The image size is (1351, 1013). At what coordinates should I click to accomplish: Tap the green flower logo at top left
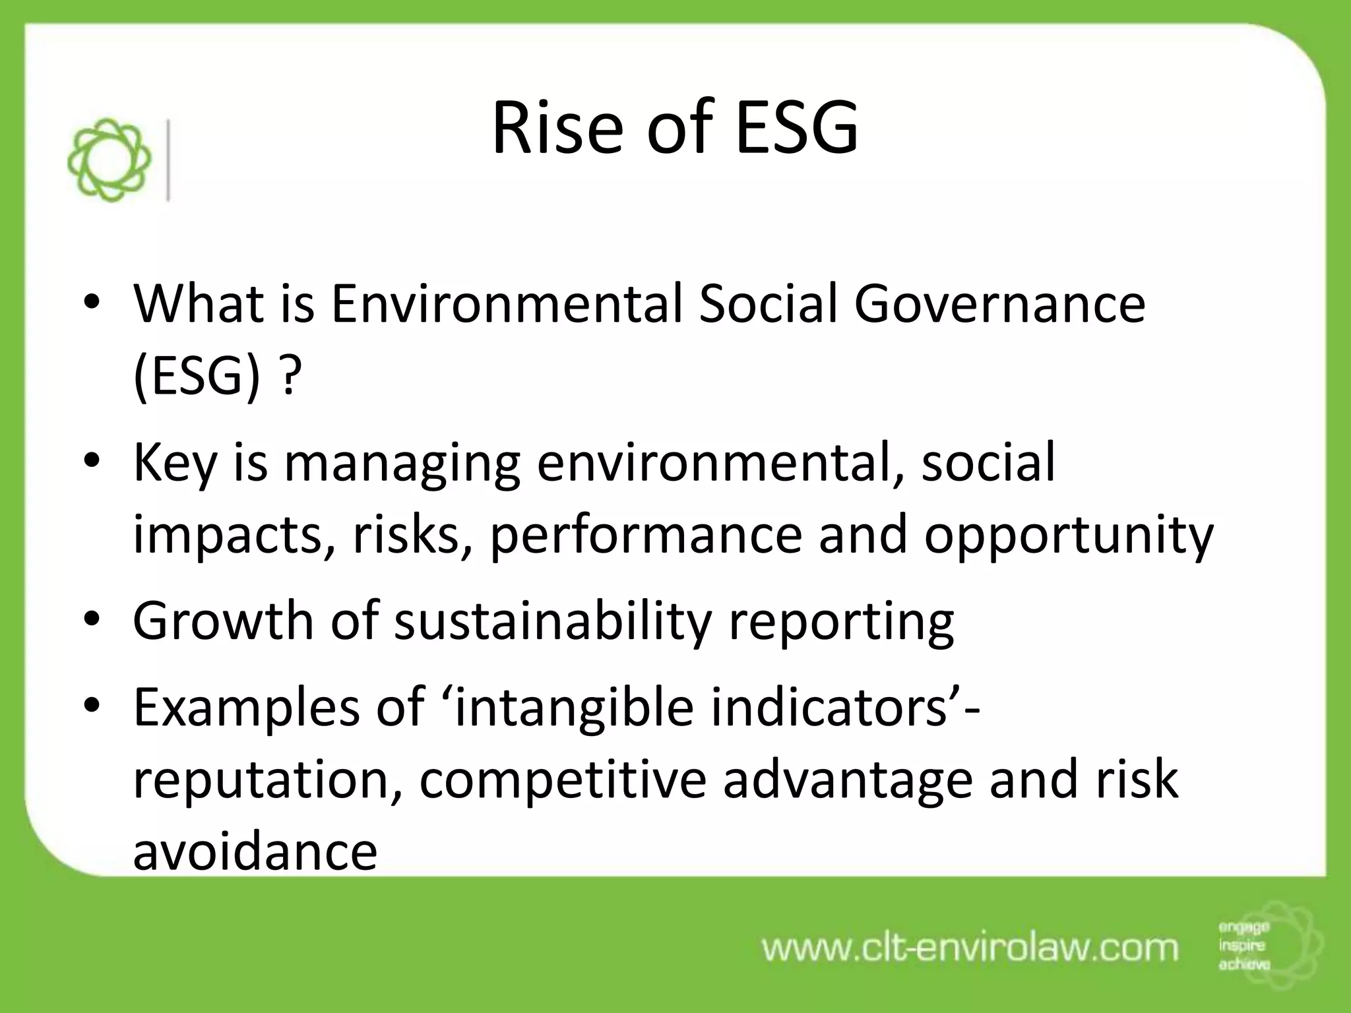[110, 160]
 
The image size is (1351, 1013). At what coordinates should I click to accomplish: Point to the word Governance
[999, 304]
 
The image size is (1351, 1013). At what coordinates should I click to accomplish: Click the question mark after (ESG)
[291, 378]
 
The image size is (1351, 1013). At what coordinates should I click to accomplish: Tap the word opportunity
[1068, 536]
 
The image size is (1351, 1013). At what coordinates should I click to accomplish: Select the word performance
[646, 536]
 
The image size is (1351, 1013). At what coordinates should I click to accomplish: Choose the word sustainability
[553, 622]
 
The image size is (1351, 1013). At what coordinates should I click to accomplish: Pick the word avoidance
[255, 851]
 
